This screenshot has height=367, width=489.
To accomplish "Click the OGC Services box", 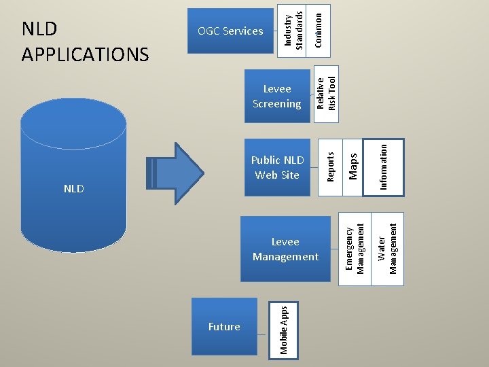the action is [x=230, y=31].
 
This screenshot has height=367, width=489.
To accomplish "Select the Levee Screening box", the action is [x=277, y=96].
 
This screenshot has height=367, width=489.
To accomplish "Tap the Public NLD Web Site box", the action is [x=277, y=168].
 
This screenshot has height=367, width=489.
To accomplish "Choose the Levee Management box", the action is [x=285, y=249].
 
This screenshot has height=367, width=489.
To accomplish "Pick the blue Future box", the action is [x=224, y=326].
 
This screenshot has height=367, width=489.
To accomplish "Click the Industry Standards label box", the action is [x=291, y=31].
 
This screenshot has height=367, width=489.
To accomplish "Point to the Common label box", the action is [x=319, y=31].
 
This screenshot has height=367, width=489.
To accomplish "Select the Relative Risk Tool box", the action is [x=326, y=94].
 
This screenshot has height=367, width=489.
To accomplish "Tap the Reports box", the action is [x=330, y=168].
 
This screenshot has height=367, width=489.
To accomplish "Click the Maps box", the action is [x=352, y=168].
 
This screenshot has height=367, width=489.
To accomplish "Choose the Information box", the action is [x=384, y=168].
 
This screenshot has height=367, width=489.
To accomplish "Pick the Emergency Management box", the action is [x=355, y=249].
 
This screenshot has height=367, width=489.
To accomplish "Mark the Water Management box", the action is [x=388, y=249].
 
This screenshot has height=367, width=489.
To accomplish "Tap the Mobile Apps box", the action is [x=283, y=330].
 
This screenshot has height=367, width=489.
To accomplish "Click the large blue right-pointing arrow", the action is [x=175, y=173].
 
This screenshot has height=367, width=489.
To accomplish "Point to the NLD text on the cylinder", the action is [x=74, y=189].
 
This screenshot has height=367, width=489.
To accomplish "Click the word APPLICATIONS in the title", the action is [x=85, y=54].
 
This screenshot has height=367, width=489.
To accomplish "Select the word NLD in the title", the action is [x=39, y=29].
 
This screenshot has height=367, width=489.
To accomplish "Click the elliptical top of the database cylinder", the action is [x=73, y=124].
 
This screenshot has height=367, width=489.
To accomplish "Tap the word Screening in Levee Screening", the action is [x=277, y=104].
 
